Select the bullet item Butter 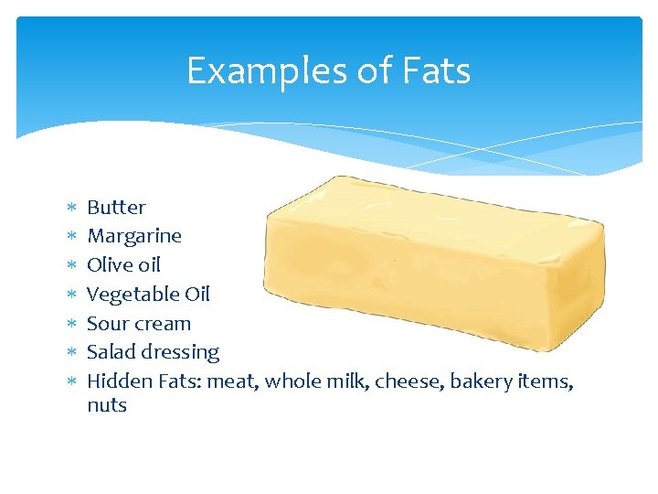tap(116, 207)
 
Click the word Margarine tap(134, 236)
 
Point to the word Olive tap(108, 265)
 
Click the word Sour tap(106, 324)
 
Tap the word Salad tap(109, 352)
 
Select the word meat tap(233, 381)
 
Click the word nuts tap(107, 405)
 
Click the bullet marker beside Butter tap(71, 208)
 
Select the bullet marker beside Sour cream tap(71, 324)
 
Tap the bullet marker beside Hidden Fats tap(71, 381)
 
